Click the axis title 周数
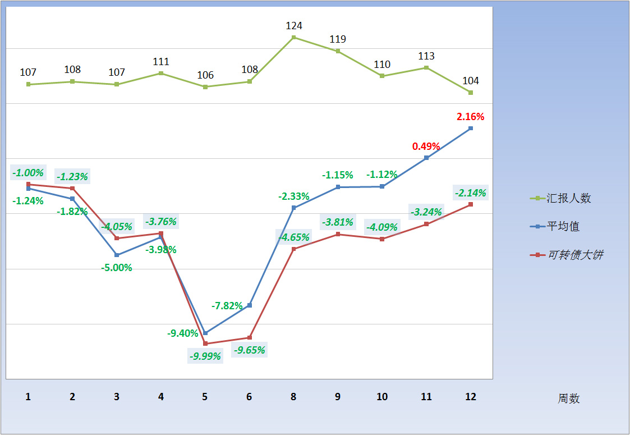[568, 399]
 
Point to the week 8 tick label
[293, 397]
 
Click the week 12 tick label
[470, 397]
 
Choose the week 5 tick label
[205, 397]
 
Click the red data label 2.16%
[470, 117]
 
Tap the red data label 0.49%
[426, 146]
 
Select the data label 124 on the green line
[293, 26]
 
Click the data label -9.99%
[205, 356]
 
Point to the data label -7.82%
[227, 306]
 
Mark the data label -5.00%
[117, 268]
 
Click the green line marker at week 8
[293, 38]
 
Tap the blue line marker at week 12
[470, 129]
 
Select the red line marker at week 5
[205, 344]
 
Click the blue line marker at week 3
[117, 255]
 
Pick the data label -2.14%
[470, 193]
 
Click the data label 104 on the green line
[470, 81]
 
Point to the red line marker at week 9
[338, 234]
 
